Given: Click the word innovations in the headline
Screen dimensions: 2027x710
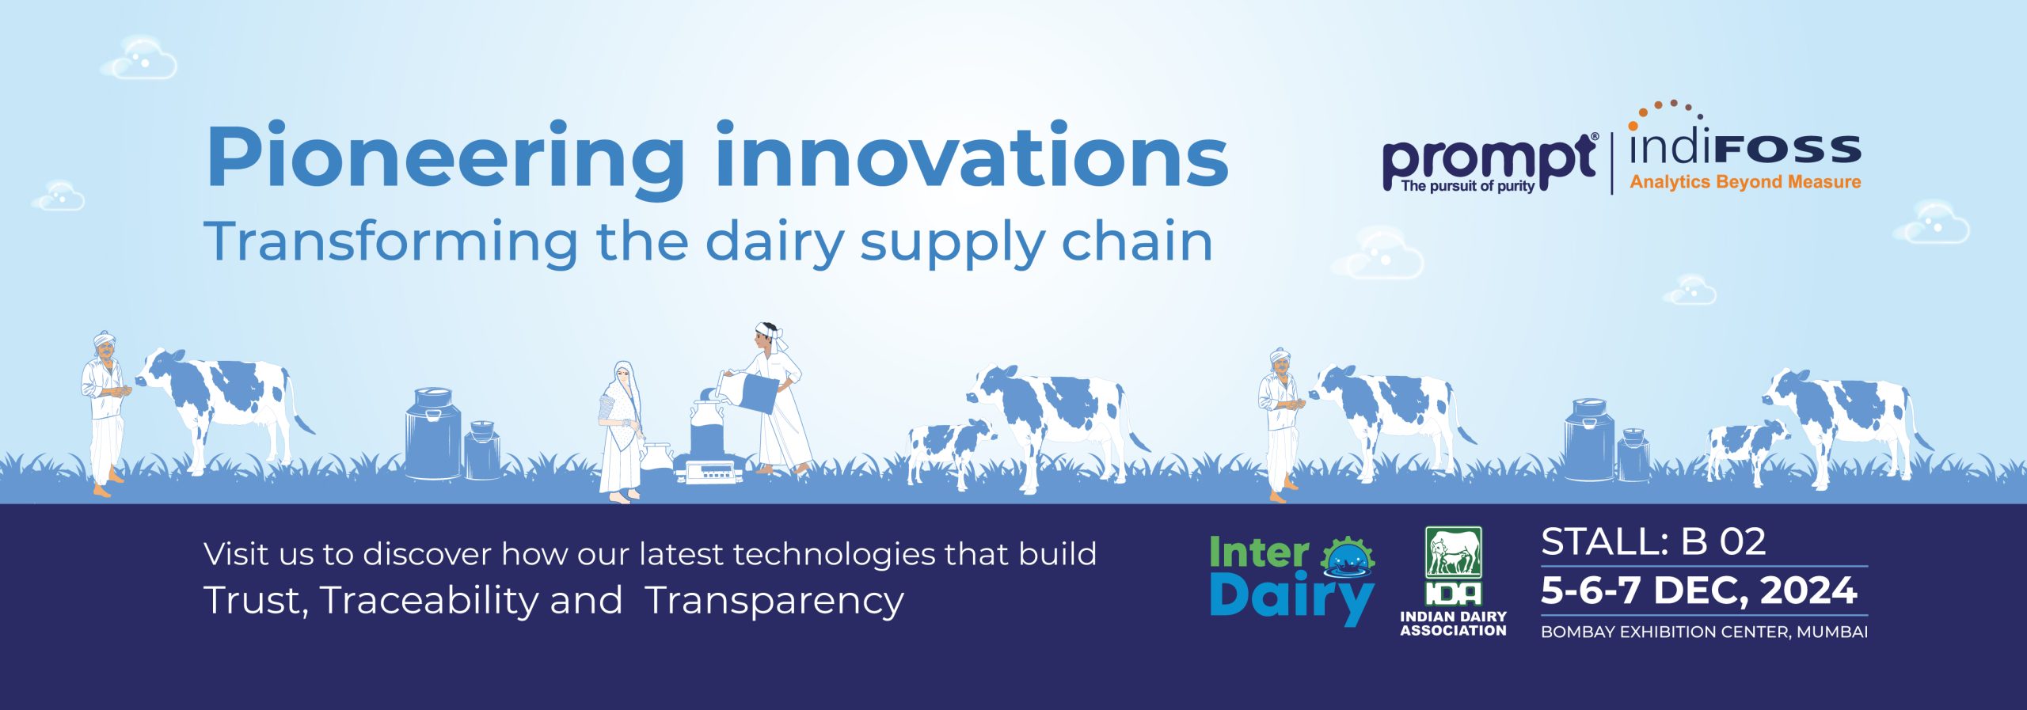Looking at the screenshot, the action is tap(972, 154).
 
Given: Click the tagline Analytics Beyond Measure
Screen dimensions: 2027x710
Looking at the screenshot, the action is tap(1745, 182).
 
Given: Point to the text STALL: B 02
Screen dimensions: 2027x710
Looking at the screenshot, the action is tap(1653, 542).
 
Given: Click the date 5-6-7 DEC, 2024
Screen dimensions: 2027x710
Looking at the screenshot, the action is tap(1699, 591).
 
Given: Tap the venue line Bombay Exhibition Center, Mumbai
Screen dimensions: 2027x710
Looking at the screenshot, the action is tap(1704, 632).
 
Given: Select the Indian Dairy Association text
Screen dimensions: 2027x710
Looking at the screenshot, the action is tap(1453, 624).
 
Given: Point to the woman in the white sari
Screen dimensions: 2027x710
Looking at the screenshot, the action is tap(622, 431).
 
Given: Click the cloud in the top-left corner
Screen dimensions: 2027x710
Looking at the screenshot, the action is tap(142, 58).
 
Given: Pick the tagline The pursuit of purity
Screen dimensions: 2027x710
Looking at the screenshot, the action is tap(1467, 187).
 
